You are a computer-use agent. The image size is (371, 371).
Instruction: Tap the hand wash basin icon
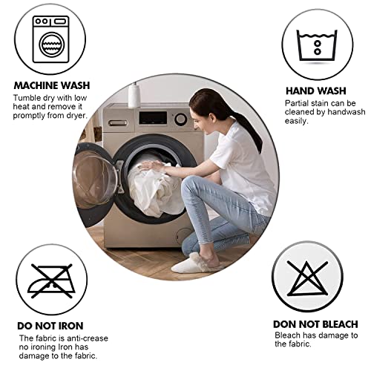[317, 43]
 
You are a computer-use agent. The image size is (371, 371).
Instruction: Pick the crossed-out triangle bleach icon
[308, 278]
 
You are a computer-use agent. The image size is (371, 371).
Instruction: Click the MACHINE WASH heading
[52, 85]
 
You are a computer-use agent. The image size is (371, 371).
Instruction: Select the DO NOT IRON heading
[50, 325]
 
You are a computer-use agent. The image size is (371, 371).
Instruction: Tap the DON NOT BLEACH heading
[316, 324]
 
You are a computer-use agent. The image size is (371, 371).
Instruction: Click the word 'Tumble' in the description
[27, 98]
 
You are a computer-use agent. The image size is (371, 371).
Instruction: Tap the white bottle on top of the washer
[134, 95]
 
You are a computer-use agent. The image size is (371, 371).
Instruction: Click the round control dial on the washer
[180, 119]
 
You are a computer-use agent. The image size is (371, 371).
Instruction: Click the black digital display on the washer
[152, 118]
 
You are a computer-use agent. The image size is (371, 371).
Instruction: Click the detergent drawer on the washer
[118, 122]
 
